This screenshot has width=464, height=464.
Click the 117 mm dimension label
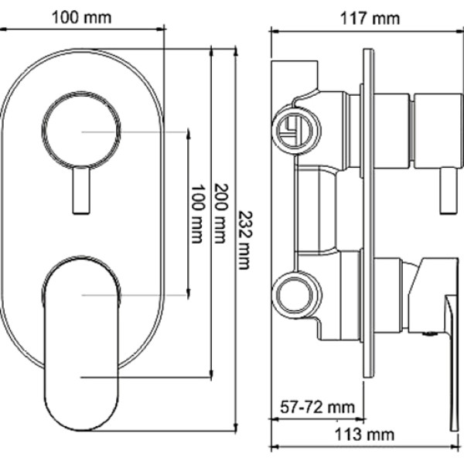370,19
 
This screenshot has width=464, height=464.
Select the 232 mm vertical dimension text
245,241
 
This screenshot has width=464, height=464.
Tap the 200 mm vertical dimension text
221,213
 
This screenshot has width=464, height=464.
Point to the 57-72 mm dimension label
317,407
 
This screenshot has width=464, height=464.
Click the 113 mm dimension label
364,435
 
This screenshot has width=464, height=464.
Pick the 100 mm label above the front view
82,18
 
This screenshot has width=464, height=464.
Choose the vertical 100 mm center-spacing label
197,214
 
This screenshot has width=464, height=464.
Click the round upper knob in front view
81,130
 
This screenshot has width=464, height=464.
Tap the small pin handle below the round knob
80,190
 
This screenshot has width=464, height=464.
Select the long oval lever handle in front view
81,343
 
